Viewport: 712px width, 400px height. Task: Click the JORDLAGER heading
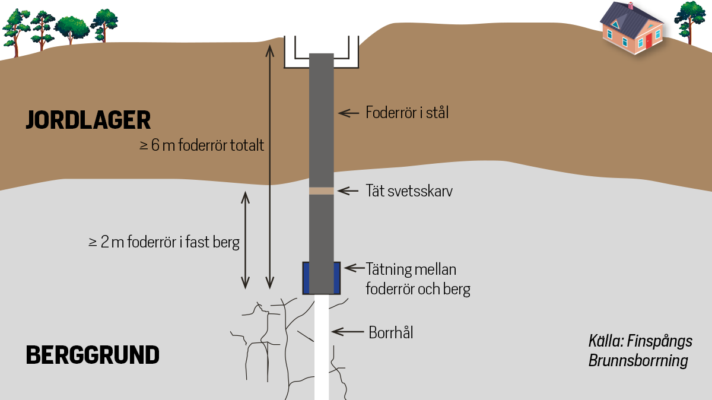tap(88, 120)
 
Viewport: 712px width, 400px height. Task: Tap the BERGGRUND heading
tap(93, 355)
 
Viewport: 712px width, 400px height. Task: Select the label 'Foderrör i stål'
tap(407, 112)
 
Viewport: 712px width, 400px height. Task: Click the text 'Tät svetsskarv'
tap(409, 191)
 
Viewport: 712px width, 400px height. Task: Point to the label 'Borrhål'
tap(390, 332)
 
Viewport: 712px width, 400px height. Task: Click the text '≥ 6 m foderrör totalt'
tap(202, 145)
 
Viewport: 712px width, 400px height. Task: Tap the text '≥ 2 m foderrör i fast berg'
tap(164, 242)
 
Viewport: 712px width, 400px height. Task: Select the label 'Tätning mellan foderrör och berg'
tap(418, 280)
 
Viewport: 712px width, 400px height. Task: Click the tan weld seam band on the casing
tap(322, 191)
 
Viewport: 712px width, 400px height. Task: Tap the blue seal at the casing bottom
tap(307, 278)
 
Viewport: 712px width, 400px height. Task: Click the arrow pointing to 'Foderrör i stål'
tap(348, 112)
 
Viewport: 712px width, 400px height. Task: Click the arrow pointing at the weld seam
tap(348, 191)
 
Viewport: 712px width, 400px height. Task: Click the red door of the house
tap(649, 41)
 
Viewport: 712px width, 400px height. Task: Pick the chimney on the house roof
tap(631, 7)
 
